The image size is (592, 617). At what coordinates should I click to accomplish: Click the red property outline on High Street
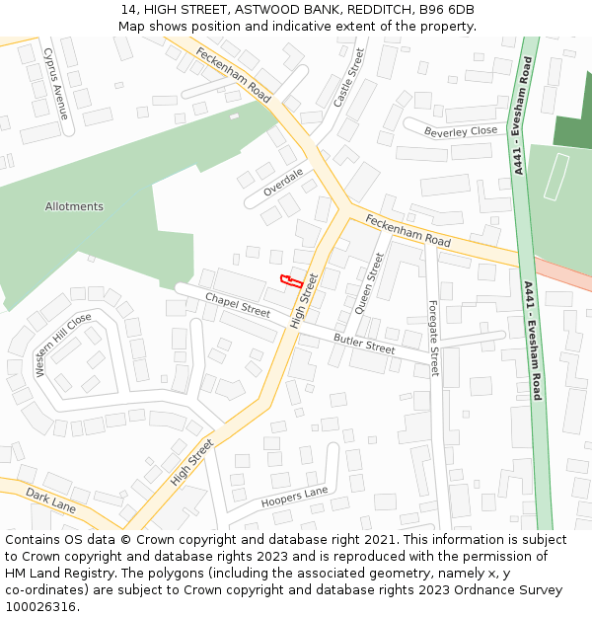[290, 280]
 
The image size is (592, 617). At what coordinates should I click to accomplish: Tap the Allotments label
[74, 206]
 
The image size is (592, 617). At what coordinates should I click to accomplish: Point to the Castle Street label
[348, 78]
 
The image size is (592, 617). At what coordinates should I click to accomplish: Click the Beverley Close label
[461, 131]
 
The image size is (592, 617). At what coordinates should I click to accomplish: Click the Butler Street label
[364, 344]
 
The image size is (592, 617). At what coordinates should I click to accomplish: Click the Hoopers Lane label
[294, 499]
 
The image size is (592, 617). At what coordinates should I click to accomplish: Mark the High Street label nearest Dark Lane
[191, 462]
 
